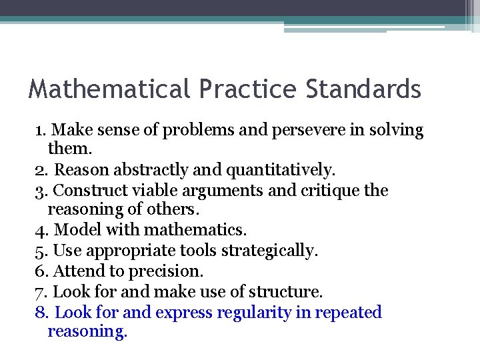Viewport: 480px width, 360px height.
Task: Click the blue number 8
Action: point(39,312)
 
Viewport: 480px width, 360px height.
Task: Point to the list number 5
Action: point(39,251)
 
